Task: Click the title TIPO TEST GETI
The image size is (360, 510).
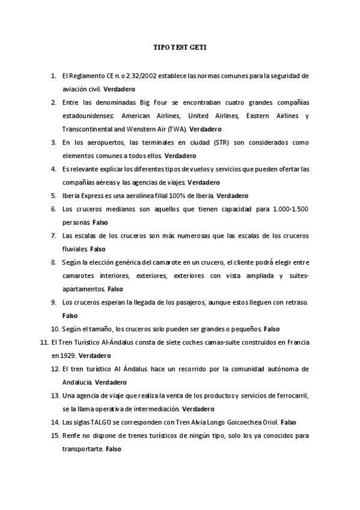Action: (180, 46)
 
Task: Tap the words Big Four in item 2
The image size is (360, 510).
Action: (161, 103)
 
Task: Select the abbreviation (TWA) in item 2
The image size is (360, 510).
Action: (178, 129)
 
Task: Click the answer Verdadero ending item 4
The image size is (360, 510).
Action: (204, 182)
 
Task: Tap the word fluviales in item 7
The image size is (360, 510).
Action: (75, 248)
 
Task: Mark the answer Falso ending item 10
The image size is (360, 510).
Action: (272, 329)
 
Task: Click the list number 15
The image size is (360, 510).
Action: (54, 435)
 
